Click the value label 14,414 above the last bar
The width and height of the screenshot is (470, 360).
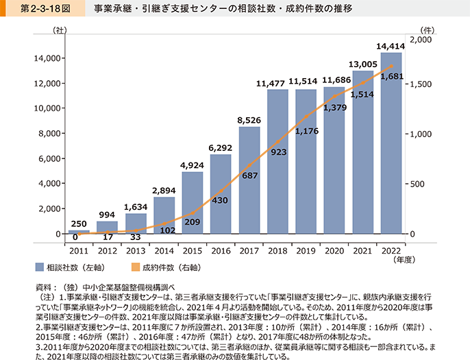pos(391,46)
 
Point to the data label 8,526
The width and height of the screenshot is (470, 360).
pos(249,120)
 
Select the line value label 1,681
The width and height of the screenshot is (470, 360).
pos(391,76)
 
